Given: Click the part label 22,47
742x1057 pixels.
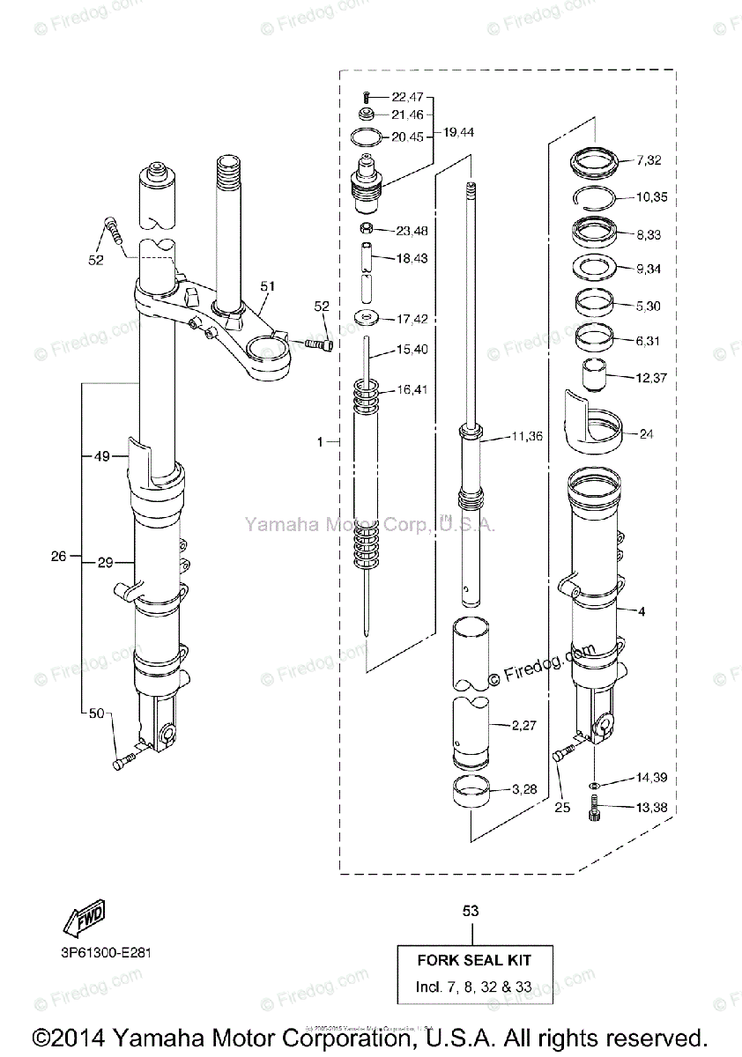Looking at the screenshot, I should [x=407, y=96].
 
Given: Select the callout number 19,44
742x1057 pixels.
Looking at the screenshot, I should [x=459, y=132].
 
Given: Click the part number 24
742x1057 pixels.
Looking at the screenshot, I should [x=647, y=433].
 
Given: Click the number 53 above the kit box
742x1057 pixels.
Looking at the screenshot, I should [x=471, y=911].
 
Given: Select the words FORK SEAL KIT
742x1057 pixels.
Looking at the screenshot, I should [x=473, y=960].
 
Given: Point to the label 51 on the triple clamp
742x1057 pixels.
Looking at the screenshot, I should [x=267, y=286].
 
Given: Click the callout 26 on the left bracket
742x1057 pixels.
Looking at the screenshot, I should [x=59, y=557].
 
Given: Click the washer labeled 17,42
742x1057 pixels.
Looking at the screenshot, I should [x=367, y=318].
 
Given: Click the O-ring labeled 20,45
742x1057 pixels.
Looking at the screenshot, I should [x=367, y=137].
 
